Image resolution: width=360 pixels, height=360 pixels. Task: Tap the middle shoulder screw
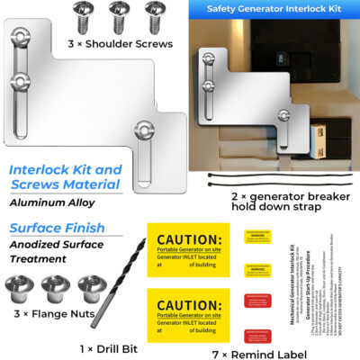click(x=116, y=13)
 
